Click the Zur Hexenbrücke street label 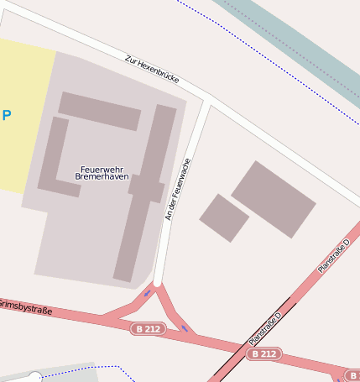click(x=152, y=69)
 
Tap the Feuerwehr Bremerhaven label click(x=102, y=174)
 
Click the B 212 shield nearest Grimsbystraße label click(x=149, y=329)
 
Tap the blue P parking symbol click(x=6, y=115)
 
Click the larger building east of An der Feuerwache click(x=274, y=199)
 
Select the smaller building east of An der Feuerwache click(x=224, y=217)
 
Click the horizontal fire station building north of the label click(x=99, y=111)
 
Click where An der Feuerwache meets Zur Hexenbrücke click(x=207, y=102)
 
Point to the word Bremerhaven click(x=102, y=178)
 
